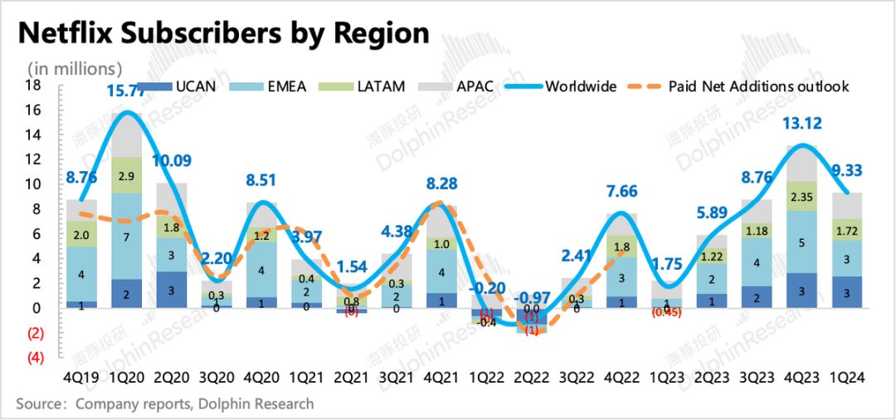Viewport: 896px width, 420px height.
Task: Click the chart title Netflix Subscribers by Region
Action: tap(224, 32)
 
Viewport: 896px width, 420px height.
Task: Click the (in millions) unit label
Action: tap(75, 68)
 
